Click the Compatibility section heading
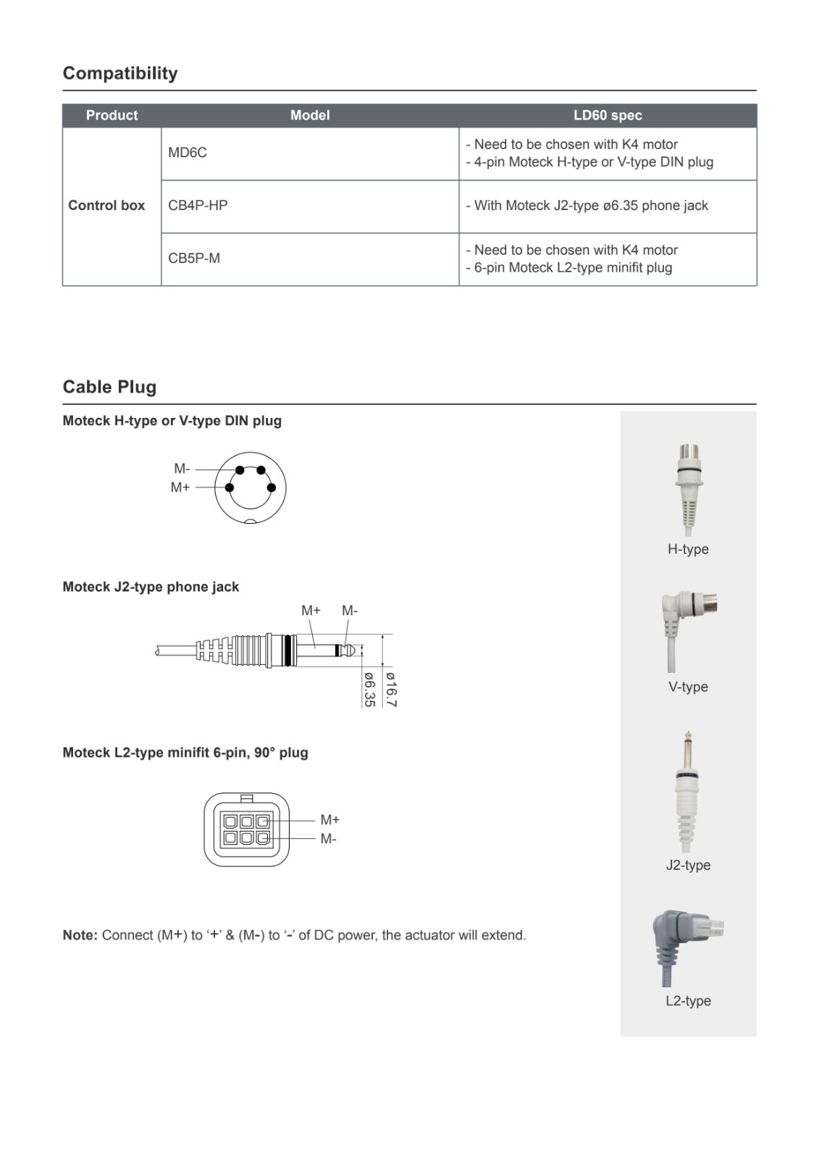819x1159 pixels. (x=120, y=73)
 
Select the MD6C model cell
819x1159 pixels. (x=188, y=153)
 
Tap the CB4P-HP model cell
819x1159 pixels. (x=198, y=206)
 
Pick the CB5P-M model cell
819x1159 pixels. (x=194, y=259)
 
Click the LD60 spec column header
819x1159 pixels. (x=608, y=115)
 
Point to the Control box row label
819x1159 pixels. (x=106, y=206)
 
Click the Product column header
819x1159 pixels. (x=112, y=115)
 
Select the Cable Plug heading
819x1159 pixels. (x=109, y=387)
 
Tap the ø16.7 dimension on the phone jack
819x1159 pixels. (x=391, y=689)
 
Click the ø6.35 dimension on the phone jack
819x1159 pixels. (x=369, y=689)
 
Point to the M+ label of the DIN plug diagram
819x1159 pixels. (x=180, y=488)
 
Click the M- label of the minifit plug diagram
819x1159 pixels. (x=329, y=839)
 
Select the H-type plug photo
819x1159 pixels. (x=688, y=487)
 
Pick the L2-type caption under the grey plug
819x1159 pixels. (x=688, y=1001)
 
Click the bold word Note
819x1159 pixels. (x=80, y=935)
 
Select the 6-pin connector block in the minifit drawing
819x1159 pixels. (x=246, y=829)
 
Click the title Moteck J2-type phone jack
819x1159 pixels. (x=151, y=587)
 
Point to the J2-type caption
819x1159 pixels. (x=688, y=865)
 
